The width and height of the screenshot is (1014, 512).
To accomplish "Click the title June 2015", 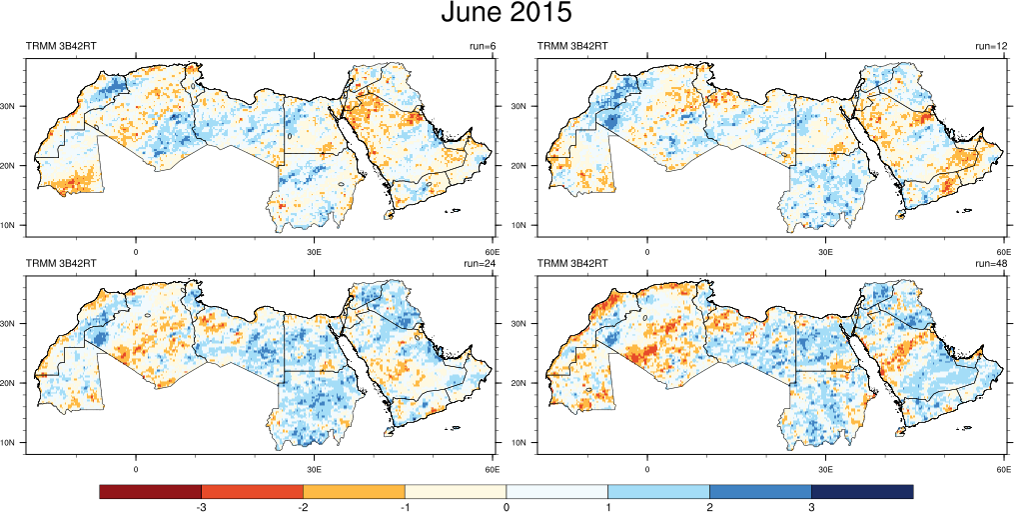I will pos(507,14).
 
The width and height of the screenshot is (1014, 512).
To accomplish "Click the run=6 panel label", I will pos(483,46).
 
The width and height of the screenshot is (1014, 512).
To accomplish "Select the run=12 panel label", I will pos(994,46).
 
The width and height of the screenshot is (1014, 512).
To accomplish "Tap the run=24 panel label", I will pos(481,264).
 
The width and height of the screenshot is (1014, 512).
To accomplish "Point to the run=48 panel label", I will pos(993,264).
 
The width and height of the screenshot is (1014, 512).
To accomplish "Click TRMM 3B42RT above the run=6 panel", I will pos(61,46).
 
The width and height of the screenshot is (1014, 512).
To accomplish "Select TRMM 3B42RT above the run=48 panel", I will pos(573,264).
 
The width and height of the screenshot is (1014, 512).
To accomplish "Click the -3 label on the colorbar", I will pos(201,508).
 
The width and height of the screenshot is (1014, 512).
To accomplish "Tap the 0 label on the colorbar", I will pos(507,508).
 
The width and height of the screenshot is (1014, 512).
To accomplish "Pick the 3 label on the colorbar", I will pos(811,508).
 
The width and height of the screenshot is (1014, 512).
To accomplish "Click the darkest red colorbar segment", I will pos(150,491).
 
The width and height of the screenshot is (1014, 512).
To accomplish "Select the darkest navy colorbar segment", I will pos(862,491).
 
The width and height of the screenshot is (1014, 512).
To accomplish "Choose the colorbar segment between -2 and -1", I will pos(354,491).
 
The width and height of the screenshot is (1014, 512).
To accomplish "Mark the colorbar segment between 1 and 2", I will pos(658,491).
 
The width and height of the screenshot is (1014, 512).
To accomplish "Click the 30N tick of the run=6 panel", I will pos(13,106).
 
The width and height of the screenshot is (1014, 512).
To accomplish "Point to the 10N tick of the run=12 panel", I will pos(525,225).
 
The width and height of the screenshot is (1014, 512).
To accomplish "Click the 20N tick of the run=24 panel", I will pos(13,383).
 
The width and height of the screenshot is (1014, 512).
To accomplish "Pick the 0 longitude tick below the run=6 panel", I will pos(135,250).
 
